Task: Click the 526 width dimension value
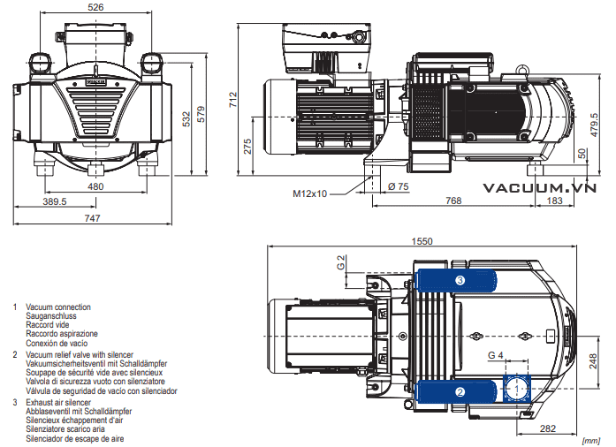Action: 95,7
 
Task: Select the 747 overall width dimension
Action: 92,218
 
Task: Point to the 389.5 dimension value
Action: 55,201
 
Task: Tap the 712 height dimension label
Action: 233,100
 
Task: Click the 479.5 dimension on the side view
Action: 595,125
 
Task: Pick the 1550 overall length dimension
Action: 422,241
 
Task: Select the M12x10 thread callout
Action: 310,193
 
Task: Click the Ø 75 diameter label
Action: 399,186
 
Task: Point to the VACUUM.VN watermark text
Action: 540,188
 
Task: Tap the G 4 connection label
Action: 496,355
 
